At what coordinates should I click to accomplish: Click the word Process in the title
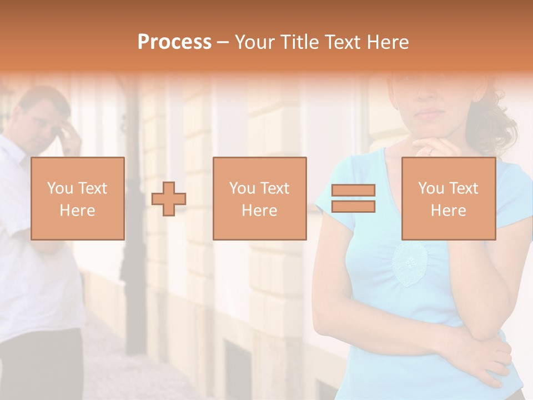[x=174, y=42]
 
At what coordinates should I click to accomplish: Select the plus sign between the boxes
[x=169, y=199]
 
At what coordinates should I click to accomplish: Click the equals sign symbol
[x=353, y=198]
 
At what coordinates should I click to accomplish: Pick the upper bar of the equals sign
[x=353, y=191]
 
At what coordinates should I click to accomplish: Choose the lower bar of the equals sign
[x=353, y=207]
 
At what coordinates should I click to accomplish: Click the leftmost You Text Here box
[x=77, y=198]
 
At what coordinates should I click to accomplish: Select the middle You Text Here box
[x=259, y=198]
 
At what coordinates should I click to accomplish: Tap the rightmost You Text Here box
[x=448, y=198]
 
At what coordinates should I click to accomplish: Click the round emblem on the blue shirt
[x=410, y=264]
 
